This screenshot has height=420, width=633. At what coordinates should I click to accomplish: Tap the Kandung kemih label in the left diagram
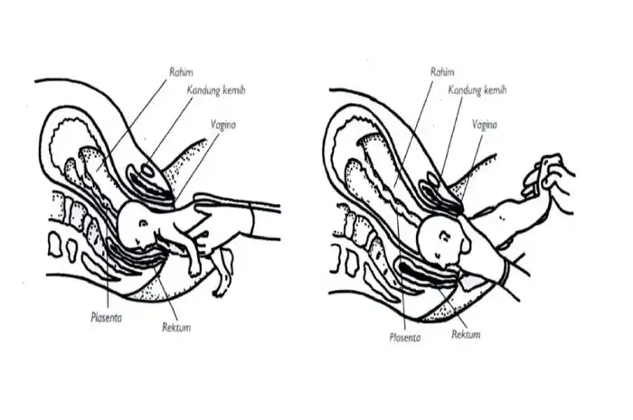click(218, 92)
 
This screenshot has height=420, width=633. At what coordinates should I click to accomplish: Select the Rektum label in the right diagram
click(466, 334)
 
